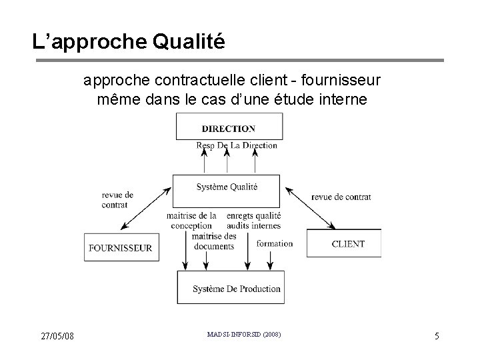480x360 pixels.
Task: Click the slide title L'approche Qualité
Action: [129, 42]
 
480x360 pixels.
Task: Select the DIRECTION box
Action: [228, 127]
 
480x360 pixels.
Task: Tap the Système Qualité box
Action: [226, 189]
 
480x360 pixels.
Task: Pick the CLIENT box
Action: [344, 243]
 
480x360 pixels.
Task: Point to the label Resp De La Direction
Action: [237, 145]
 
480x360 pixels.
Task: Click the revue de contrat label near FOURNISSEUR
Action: [117, 200]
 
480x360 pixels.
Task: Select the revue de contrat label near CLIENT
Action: [341, 197]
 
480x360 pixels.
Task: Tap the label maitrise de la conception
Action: [192, 221]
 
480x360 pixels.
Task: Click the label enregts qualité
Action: [253, 216]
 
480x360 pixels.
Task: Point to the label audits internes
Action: [253, 226]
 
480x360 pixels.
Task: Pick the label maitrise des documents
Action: [213, 241]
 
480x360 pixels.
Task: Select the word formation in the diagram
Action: [274, 243]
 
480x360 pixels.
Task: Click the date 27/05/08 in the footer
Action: [57, 335]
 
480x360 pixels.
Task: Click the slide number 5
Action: [437, 336]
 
